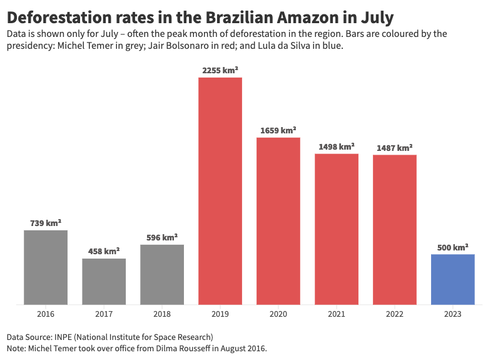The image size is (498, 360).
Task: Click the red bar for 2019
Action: [220, 191]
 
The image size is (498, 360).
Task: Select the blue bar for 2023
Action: [453, 279]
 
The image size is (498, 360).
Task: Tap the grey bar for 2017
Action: [104, 281]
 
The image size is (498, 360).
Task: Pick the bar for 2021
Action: [337, 229]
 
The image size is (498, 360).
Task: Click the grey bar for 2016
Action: [46, 267]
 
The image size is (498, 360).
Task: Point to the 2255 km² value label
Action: [220, 71]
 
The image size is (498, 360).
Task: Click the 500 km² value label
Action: [453, 247]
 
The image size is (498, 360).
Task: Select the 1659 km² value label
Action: [278, 131]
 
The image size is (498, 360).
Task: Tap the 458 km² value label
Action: [104, 252]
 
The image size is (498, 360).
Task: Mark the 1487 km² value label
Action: [395, 148]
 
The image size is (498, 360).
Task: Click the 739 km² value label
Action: [46, 224]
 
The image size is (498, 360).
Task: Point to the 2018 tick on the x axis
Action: [162, 314]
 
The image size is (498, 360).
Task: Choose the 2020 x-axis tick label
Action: [278, 314]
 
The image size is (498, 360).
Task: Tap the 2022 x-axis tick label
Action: [395, 314]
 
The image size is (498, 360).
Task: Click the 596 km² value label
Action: [162, 238]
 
